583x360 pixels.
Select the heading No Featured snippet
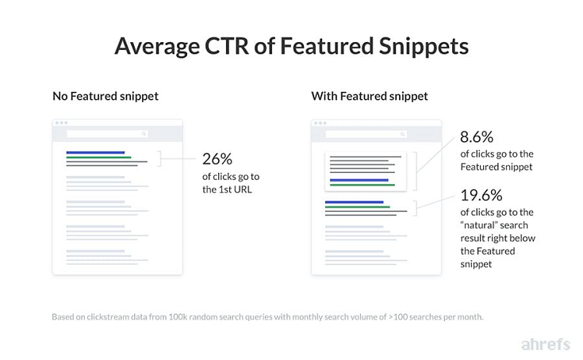click(x=105, y=96)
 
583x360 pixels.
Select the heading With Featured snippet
click(x=369, y=96)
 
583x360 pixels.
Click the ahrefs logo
click(x=547, y=344)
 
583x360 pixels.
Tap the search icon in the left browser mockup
click(x=144, y=135)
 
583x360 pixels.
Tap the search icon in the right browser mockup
click(x=403, y=135)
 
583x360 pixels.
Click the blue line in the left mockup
click(x=95, y=152)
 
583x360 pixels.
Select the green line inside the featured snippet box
click(x=362, y=185)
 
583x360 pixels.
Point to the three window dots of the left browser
click(x=60, y=123)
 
